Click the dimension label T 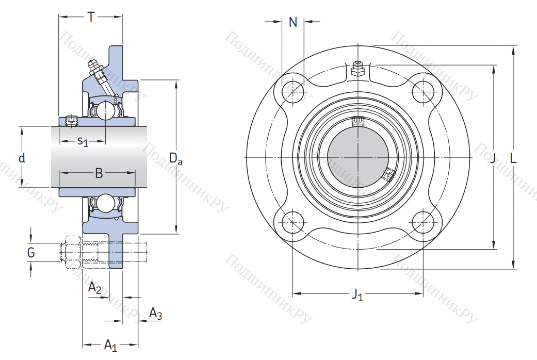point(91,17)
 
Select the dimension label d point(22,158)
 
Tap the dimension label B point(99,173)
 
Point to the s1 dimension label point(83,141)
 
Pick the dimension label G point(31,252)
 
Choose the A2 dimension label point(94,288)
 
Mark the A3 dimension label point(155,313)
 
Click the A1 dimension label point(110,345)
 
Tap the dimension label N point(293,22)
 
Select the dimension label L point(513,158)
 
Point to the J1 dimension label point(357,295)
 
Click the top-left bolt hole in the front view point(294,92)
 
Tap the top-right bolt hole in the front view point(423,92)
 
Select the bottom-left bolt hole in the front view point(294,223)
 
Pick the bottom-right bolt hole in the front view point(423,223)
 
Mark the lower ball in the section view point(105,203)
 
